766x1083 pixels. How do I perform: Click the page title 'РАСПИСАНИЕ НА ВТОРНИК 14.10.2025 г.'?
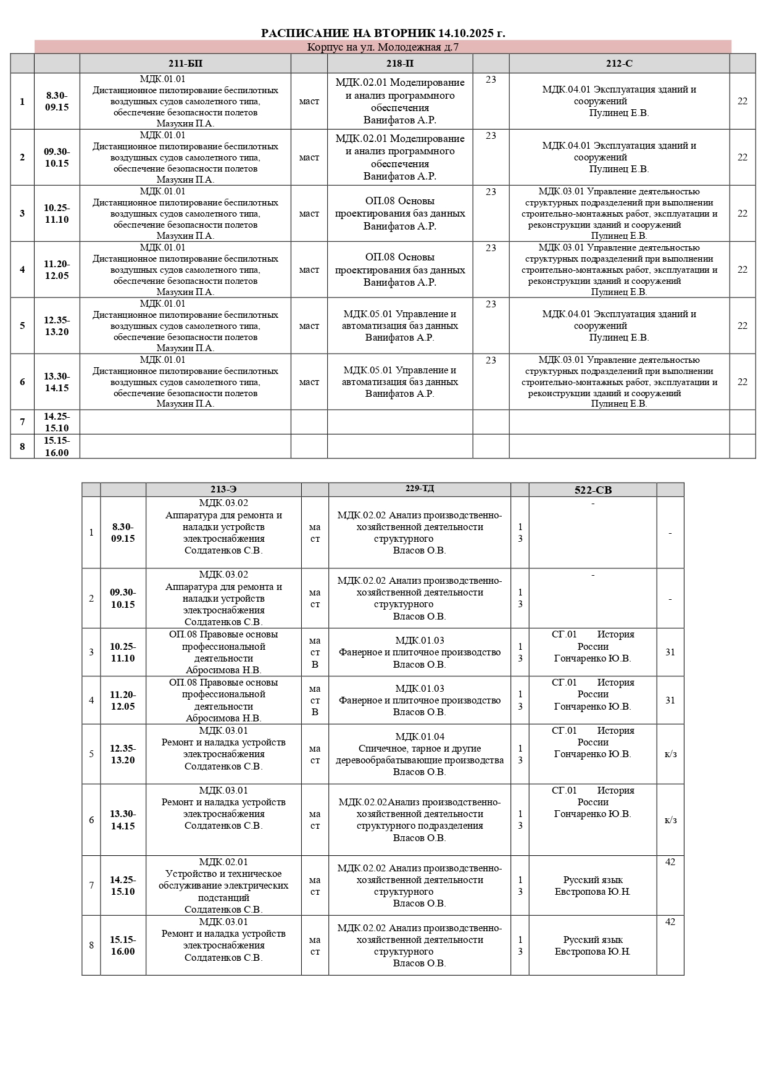[383, 33]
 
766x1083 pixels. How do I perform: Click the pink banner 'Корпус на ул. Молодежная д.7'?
[383, 48]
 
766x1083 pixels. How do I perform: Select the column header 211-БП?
[185, 64]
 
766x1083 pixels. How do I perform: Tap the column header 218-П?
[400, 64]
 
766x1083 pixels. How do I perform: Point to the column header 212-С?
[619, 64]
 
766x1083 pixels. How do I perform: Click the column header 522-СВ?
[593, 490]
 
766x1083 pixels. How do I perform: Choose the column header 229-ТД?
[419, 489]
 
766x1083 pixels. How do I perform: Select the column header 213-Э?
[223, 489]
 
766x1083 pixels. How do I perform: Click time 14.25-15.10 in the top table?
[57, 422]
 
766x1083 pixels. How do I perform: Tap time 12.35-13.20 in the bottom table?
[123, 754]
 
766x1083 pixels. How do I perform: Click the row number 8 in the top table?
[22, 446]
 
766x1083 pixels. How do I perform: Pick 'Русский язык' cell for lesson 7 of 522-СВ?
[593, 886]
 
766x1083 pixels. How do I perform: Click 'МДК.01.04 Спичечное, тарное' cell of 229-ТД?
[419, 754]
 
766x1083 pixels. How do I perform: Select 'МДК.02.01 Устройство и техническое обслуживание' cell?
[223, 886]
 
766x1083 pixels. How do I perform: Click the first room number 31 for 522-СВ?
[670, 652]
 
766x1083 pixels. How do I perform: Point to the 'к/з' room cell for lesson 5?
[670, 754]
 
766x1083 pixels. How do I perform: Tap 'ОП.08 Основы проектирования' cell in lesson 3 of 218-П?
[400, 214]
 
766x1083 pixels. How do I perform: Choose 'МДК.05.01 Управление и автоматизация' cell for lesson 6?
[400, 382]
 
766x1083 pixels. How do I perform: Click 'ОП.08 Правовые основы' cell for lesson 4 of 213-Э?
[223, 700]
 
